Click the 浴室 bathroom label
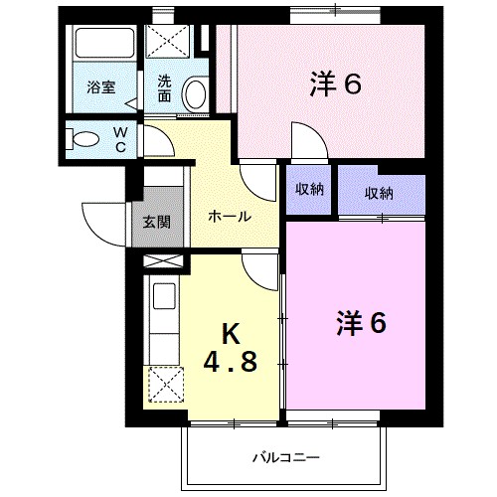(x=100, y=86)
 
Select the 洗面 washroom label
(x=165, y=90)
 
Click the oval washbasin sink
(x=195, y=93)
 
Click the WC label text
(x=118, y=138)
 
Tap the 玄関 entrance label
(x=157, y=221)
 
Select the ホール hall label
(x=228, y=217)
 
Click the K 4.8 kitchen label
(x=231, y=348)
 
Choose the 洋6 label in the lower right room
(x=360, y=323)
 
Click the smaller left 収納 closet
(x=309, y=190)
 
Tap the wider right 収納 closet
(x=379, y=193)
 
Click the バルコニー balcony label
(x=285, y=458)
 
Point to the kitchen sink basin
(x=163, y=297)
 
